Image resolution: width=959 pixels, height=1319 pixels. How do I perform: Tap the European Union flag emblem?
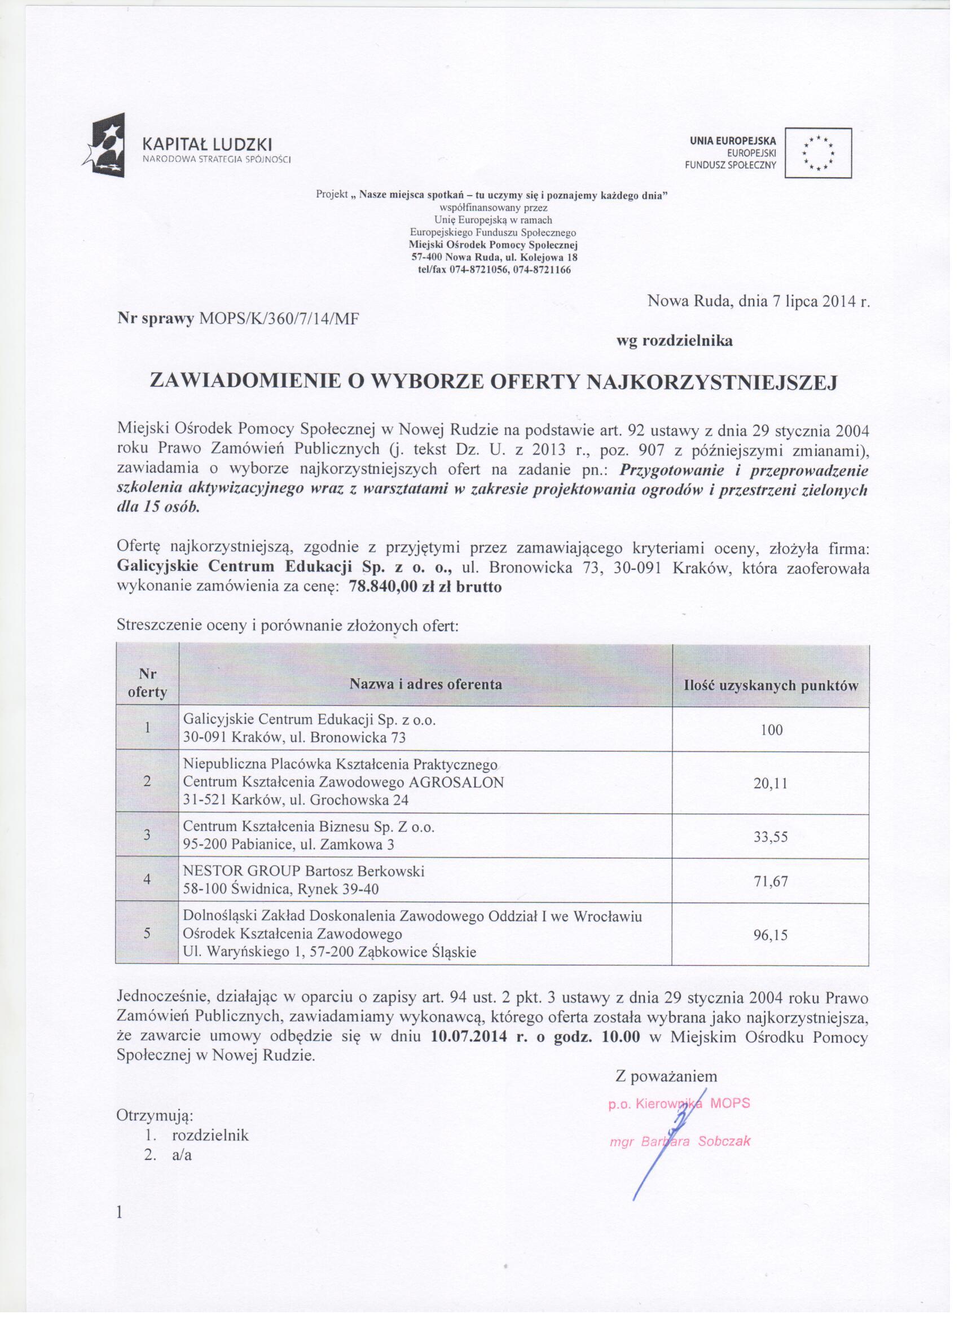pos(817,153)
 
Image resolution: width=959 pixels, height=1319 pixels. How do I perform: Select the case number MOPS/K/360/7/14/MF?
pos(278,318)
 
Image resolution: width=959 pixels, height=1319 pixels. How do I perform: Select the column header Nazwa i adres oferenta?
pos(425,684)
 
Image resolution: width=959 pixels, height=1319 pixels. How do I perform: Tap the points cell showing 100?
pos(771,730)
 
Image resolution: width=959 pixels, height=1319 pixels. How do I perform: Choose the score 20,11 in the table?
pos(771,783)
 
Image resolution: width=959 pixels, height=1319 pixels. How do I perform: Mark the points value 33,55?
pos(771,837)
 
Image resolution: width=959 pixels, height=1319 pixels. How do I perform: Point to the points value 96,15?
pos(771,935)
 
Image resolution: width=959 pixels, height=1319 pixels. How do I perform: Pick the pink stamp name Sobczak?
pos(724,1141)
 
